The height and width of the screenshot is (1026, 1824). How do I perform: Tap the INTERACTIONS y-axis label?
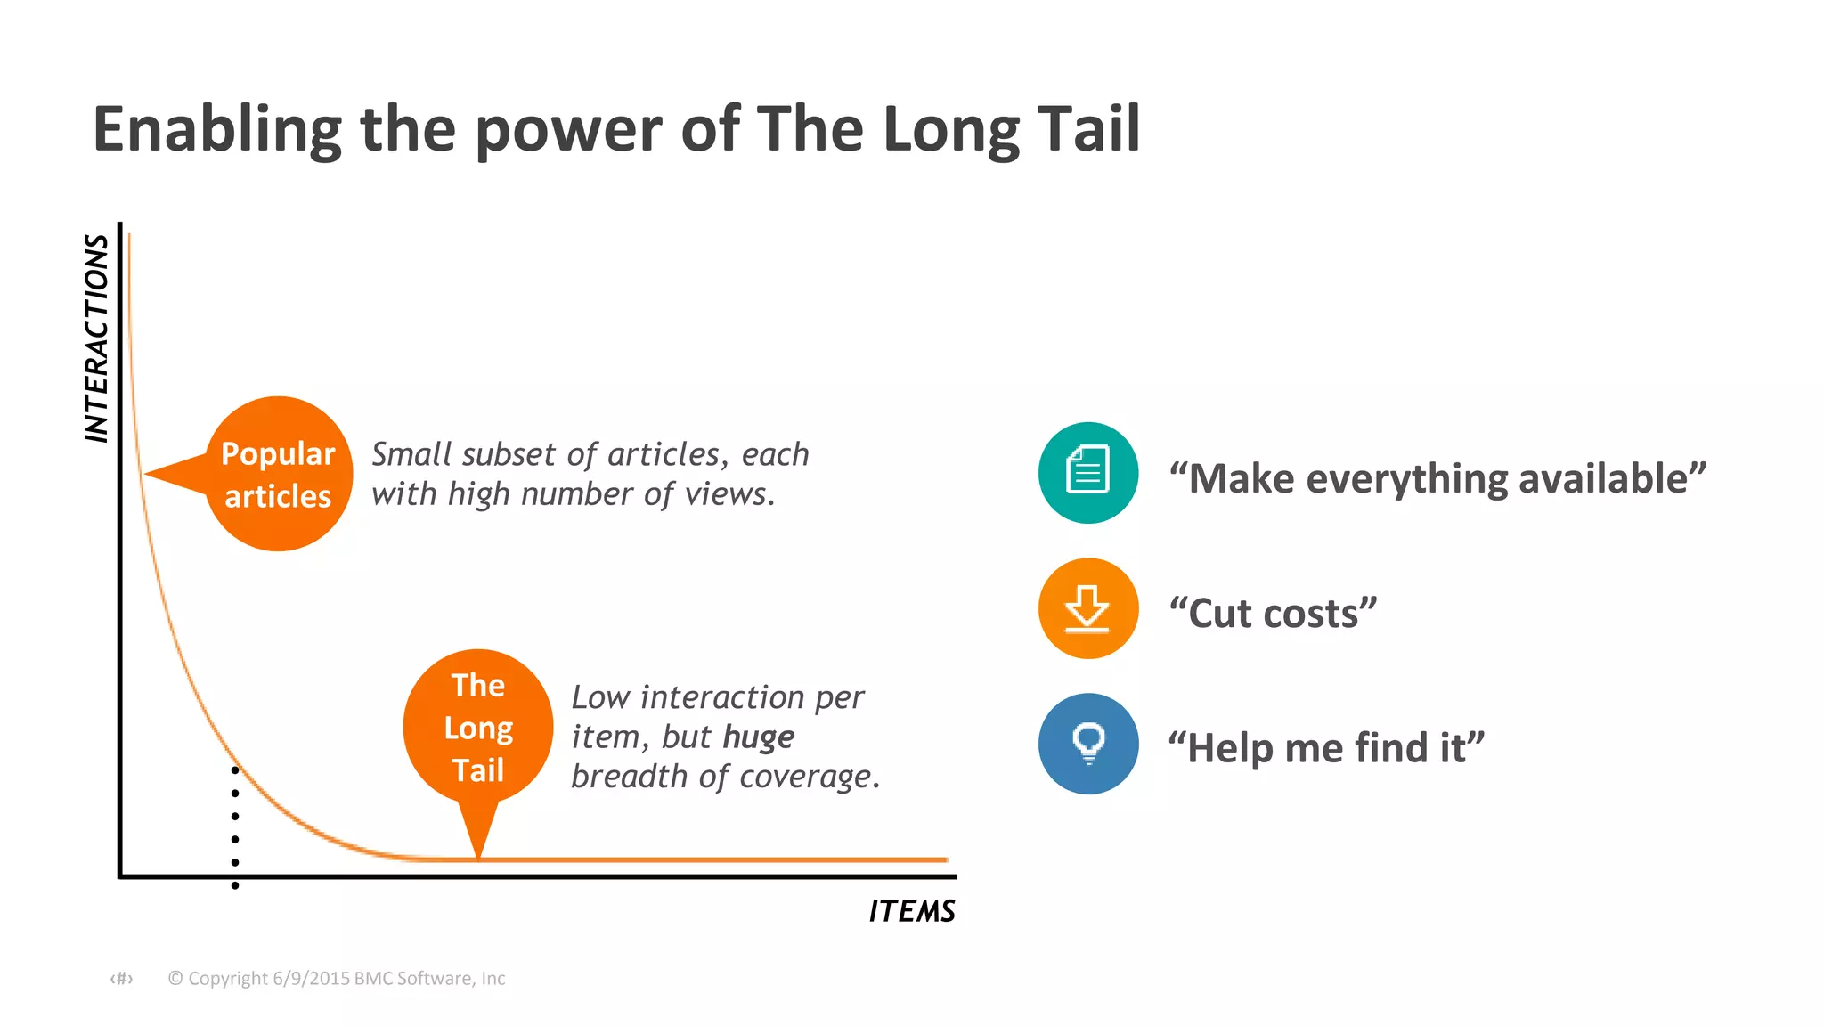click(96, 338)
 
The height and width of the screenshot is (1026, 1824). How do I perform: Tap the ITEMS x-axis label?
click(911, 911)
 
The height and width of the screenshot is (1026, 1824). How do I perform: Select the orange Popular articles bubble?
click(279, 474)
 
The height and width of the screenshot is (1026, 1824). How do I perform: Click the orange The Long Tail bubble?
click(478, 727)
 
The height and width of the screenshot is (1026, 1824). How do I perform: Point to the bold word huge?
click(758, 737)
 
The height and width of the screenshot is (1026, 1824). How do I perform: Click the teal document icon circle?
click(1087, 472)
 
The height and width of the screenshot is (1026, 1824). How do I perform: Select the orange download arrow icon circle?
click(1087, 609)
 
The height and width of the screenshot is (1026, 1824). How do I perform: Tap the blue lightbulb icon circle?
click(1087, 744)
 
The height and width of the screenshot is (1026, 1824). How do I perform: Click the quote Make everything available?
click(1437, 479)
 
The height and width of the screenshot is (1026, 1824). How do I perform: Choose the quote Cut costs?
click(1273, 614)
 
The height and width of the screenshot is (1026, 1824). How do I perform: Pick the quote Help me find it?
click(1325, 748)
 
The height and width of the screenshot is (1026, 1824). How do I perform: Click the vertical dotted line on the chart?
click(235, 827)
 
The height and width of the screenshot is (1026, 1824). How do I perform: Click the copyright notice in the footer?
click(337, 978)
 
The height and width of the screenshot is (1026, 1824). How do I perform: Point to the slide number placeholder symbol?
click(121, 979)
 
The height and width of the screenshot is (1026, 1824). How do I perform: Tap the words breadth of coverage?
click(724, 778)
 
